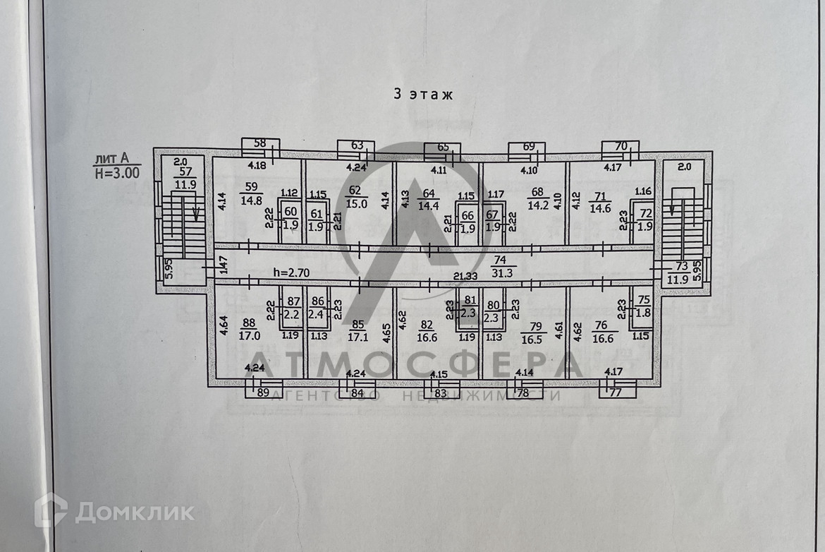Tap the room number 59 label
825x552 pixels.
[252, 187]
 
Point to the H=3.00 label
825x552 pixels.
[116, 171]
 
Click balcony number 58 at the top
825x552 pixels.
[259, 143]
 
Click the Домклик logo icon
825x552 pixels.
[51, 510]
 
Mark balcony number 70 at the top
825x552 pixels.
[621, 147]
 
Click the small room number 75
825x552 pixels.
[642, 299]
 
